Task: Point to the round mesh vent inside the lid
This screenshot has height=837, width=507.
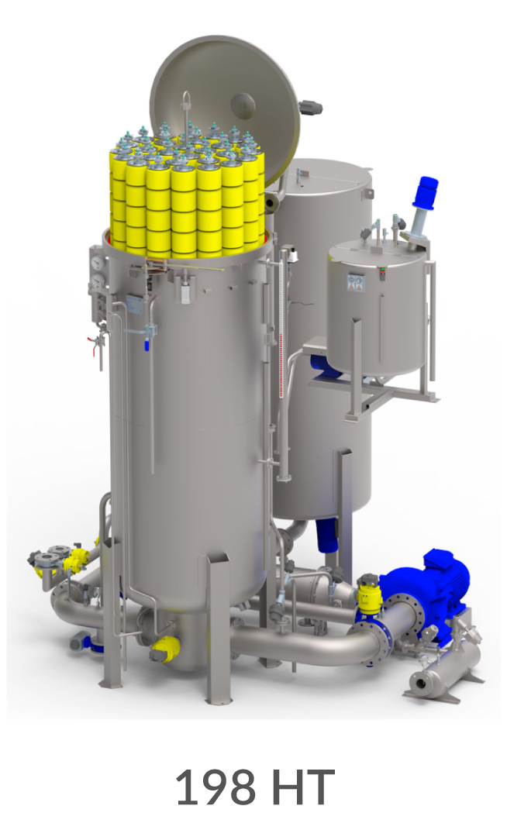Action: click(244, 104)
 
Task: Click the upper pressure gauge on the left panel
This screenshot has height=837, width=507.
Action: click(98, 262)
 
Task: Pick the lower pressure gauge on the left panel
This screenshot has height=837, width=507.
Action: click(98, 281)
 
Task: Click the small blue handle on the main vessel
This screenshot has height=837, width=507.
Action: click(147, 345)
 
